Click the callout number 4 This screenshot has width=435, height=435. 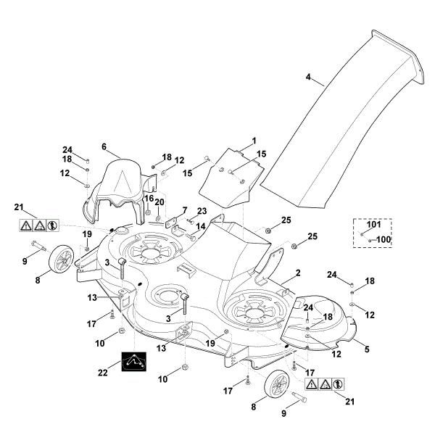point(308,77)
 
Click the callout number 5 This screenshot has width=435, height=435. point(366,349)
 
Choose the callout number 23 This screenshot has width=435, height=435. point(202,211)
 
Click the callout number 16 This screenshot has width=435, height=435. point(148,198)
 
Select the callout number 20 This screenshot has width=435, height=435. point(159,202)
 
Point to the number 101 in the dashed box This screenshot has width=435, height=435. point(373,225)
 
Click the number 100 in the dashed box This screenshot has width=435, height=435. point(384,239)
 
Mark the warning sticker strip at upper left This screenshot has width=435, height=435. point(38,225)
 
